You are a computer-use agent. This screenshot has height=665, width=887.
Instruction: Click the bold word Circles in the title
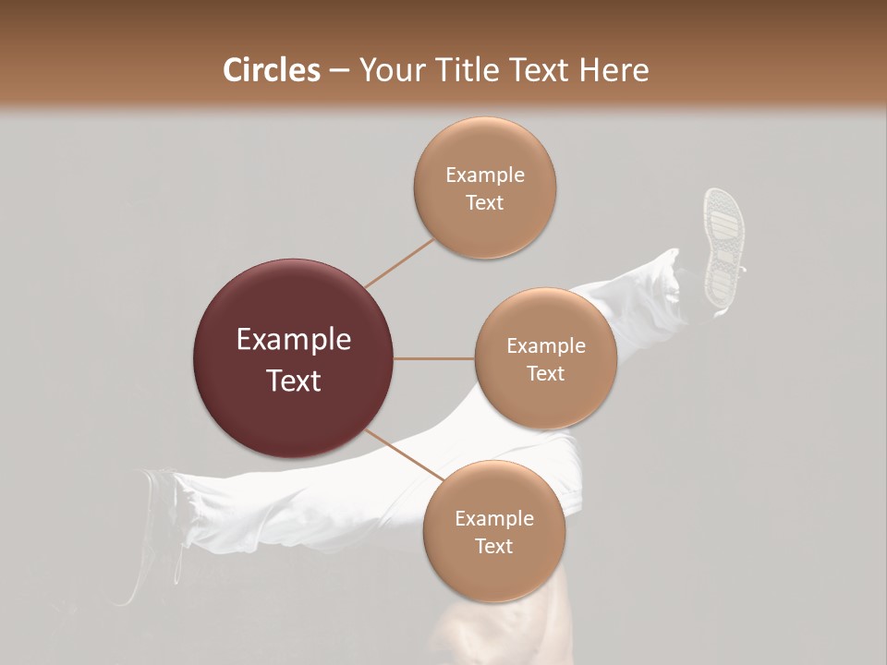(x=272, y=70)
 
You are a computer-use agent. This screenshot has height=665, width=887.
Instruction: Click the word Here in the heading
(x=616, y=70)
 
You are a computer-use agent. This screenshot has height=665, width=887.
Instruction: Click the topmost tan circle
(x=485, y=187)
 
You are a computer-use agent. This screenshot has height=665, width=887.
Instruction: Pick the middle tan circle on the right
(x=545, y=358)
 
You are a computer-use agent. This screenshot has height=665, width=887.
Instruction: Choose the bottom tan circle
(x=493, y=531)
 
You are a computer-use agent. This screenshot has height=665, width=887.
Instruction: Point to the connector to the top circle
(x=399, y=262)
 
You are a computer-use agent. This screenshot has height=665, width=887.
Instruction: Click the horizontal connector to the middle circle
(x=434, y=358)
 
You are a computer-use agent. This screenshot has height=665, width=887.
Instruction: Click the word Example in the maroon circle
(x=294, y=340)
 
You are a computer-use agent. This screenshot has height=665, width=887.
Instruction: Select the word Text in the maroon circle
(x=294, y=381)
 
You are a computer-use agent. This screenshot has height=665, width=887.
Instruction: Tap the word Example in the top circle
(x=485, y=175)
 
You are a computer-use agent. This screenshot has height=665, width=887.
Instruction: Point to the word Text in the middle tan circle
(x=545, y=373)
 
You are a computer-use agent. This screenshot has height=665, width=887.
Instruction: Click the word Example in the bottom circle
(x=493, y=518)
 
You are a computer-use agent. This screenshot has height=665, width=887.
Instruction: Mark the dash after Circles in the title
(x=339, y=71)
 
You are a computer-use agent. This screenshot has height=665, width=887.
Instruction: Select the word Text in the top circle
(x=485, y=202)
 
